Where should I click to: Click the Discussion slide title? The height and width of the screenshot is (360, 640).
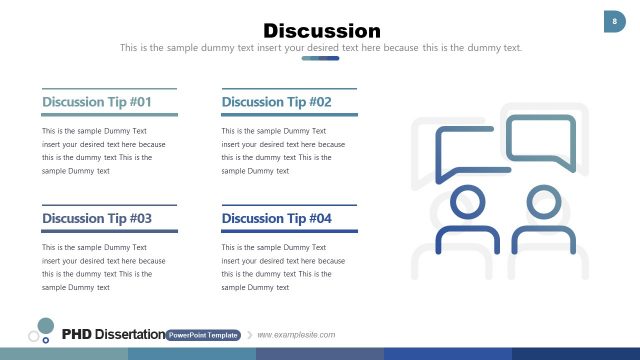(321, 31)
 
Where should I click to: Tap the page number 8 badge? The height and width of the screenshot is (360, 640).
(614, 21)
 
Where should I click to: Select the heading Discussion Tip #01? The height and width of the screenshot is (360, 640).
(97, 102)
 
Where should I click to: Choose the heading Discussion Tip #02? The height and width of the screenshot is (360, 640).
(276, 102)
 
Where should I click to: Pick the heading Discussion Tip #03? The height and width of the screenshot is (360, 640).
(97, 218)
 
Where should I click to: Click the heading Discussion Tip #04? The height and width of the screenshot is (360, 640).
(276, 218)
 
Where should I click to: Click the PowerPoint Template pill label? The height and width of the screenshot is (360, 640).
(203, 335)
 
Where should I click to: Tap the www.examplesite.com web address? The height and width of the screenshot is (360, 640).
(296, 335)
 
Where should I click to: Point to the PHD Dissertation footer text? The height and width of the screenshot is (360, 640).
(113, 334)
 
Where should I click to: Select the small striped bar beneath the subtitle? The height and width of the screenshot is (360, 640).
(320, 58)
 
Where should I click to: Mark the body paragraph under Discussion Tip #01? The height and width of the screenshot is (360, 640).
(104, 151)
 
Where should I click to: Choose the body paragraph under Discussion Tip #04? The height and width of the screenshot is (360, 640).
(283, 267)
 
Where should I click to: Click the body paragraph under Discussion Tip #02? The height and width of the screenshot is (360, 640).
(283, 151)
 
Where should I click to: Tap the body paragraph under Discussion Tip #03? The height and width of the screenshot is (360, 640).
(104, 267)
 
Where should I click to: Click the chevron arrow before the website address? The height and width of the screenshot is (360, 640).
(250, 335)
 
